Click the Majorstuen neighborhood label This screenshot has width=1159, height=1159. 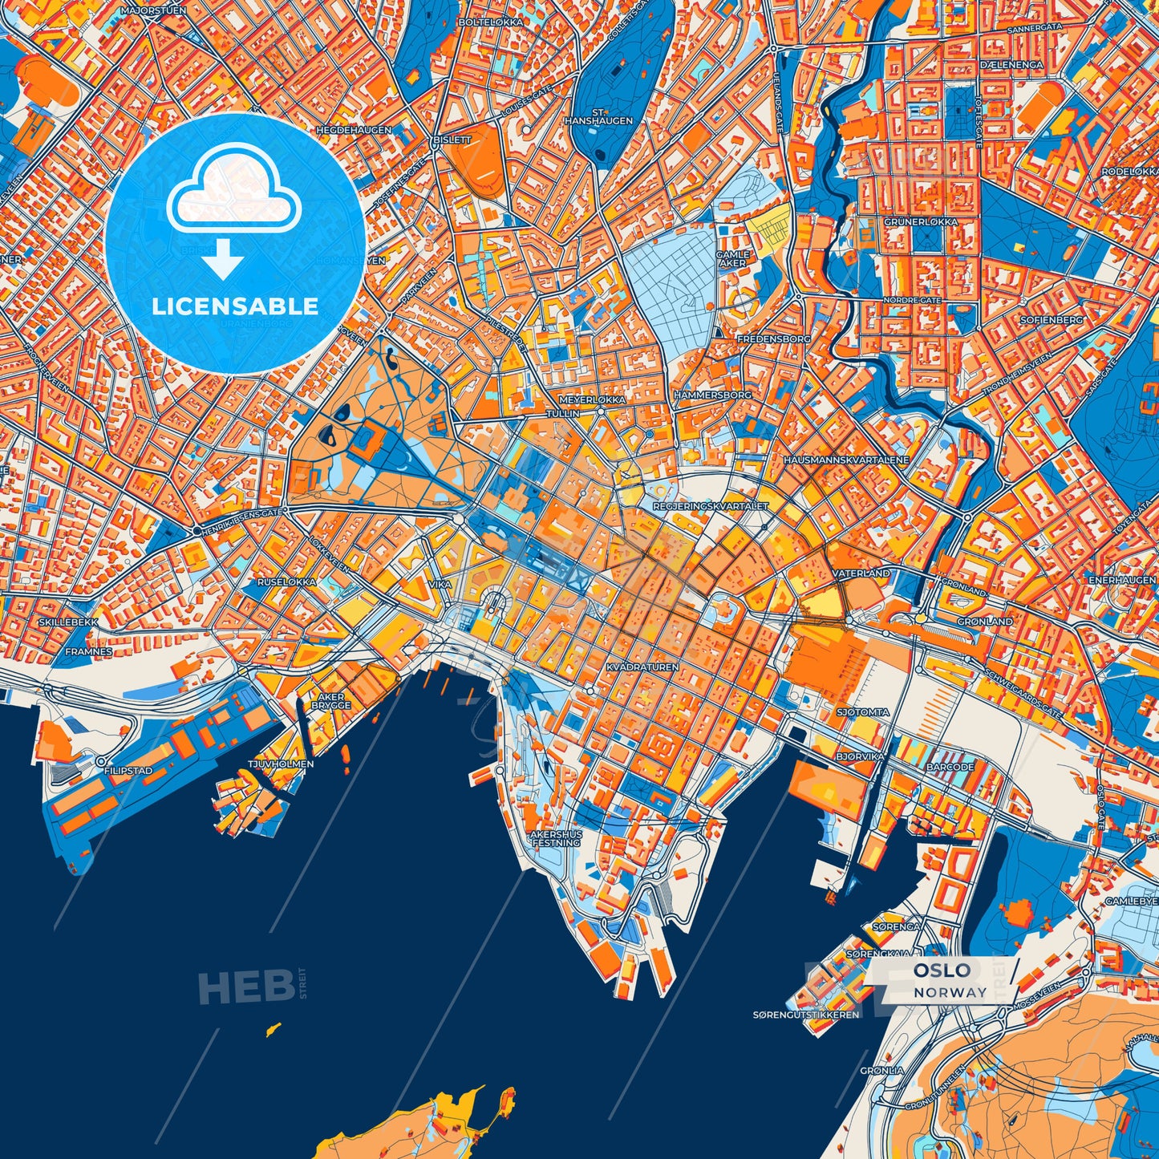pos(153,11)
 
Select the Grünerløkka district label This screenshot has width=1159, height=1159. pos(921,221)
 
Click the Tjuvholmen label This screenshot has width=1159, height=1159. pos(281,764)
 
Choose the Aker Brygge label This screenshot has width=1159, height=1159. pos(331,701)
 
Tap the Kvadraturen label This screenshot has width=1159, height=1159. pos(642,667)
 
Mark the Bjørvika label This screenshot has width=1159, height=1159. pos(860,756)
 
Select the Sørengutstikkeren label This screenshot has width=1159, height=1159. pos(806,1015)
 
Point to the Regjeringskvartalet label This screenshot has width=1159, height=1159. pos(711,506)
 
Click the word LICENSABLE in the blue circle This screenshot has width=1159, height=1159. pos(235,306)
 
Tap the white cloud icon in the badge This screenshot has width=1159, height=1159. pos(233,197)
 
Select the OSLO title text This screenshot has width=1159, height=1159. pos(942,971)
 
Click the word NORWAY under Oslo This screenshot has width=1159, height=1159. pos(950,992)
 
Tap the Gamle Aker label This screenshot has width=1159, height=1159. pos(732,258)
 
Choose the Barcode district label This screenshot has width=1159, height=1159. pos(950,767)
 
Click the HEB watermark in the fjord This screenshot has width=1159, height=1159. pos(245,987)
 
